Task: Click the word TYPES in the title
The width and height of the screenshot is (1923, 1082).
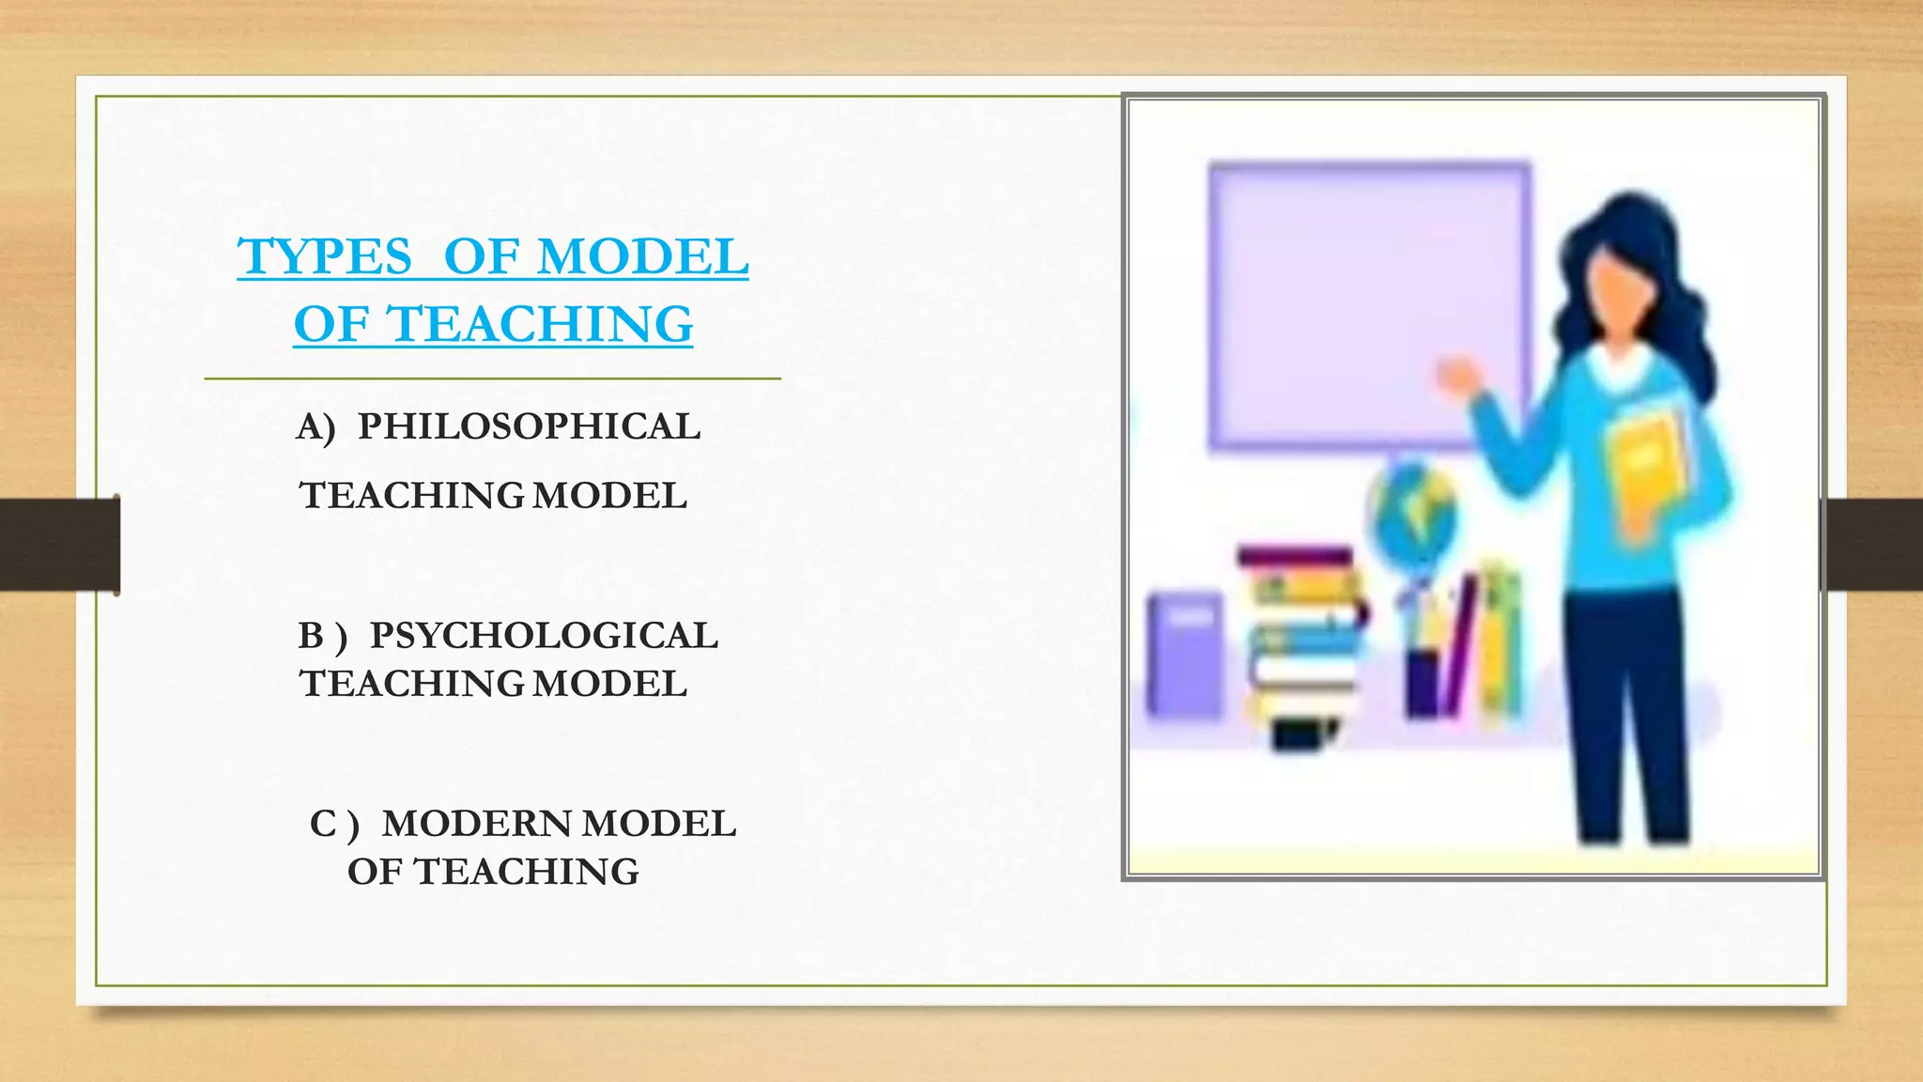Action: pos(325,256)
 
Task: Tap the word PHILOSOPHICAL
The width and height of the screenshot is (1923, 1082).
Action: pos(529,426)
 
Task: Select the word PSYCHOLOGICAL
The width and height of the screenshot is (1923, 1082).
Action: pos(544,636)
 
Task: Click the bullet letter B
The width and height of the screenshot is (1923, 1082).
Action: pos(311,636)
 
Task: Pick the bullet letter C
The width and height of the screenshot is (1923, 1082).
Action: pos(324,824)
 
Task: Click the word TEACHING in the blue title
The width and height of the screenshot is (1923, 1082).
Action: pos(540,324)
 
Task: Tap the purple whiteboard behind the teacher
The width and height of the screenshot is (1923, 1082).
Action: pos(1366,301)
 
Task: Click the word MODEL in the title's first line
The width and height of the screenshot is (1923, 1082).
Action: pos(643,256)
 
